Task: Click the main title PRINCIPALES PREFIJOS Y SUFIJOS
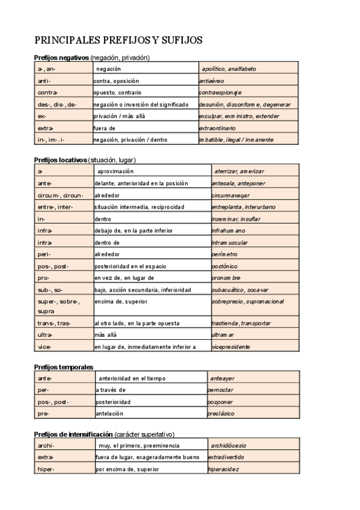[118, 40]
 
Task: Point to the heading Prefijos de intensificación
[74, 434]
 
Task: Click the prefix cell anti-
[44, 81]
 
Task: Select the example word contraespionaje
[220, 93]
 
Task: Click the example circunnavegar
[231, 195]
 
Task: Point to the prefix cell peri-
[44, 254]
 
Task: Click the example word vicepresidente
[231, 347]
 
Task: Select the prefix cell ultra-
[45, 335]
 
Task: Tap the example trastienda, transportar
[241, 323]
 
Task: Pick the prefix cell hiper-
[46, 469]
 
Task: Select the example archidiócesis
[228, 446]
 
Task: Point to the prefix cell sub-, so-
[50, 289]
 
